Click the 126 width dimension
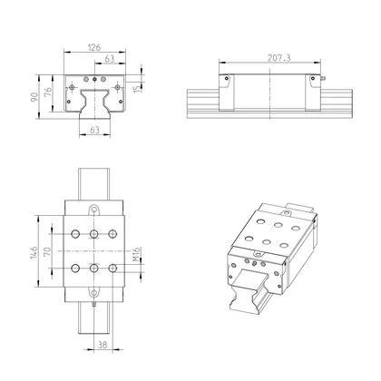click(94, 47)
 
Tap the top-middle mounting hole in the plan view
click(94, 232)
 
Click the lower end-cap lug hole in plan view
click(94, 291)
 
